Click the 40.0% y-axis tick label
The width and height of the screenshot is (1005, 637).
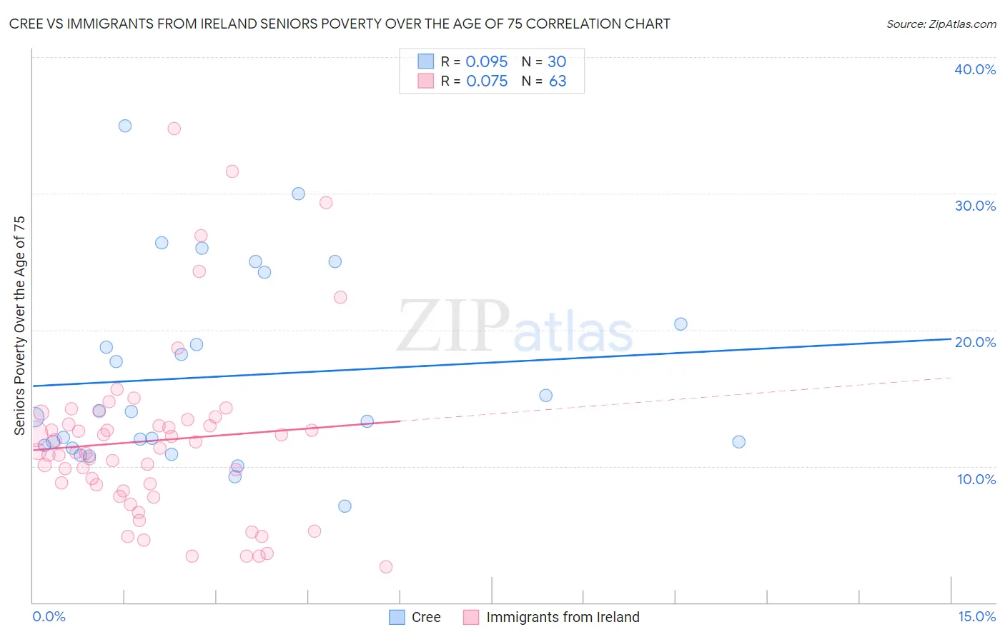pyautogui.click(x=975, y=69)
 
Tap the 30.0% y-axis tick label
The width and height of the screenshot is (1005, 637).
pyautogui.click(x=975, y=206)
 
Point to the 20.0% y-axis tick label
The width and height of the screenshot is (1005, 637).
pyautogui.click(x=975, y=342)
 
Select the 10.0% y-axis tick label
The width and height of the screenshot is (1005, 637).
pyautogui.click(x=976, y=479)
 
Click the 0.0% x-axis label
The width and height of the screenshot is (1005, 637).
pyautogui.click(x=49, y=616)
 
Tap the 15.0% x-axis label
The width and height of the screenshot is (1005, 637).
pyautogui.click(x=976, y=616)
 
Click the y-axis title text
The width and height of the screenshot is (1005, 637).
pyautogui.click(x=19, y=325)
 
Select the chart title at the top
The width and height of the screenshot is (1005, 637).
pyautogui.click(x=340, y=24)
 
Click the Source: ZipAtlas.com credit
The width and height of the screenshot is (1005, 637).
pyautogui.click(x=941, y=24)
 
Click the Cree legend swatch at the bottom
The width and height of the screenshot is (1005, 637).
pyautogui.click(x=397, y=617)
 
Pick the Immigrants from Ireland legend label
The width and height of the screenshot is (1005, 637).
pyautogui.click(x=563, y=617)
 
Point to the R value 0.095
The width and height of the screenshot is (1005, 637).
pyautogui.click(x=486, y=61)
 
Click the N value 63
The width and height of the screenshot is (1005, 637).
pyautogui.click(x=558, y=81)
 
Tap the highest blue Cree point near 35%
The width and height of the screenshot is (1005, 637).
pyautogui.click(x=125, y=126)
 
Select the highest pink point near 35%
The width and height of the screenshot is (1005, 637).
pyautogui.click(x=174, y=129)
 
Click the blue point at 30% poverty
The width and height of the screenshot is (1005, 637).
pyautogui.click(x=299, y=194)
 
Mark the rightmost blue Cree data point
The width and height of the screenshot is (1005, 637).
pyautogui.click(x=739, y=442)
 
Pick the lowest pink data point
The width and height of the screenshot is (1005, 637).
pyautogui.click(x=386, y=567)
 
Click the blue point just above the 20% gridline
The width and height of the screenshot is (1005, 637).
pyautogui.click(x=680, y=324)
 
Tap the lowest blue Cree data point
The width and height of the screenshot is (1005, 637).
pyautogui.click(x=345, y=506)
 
